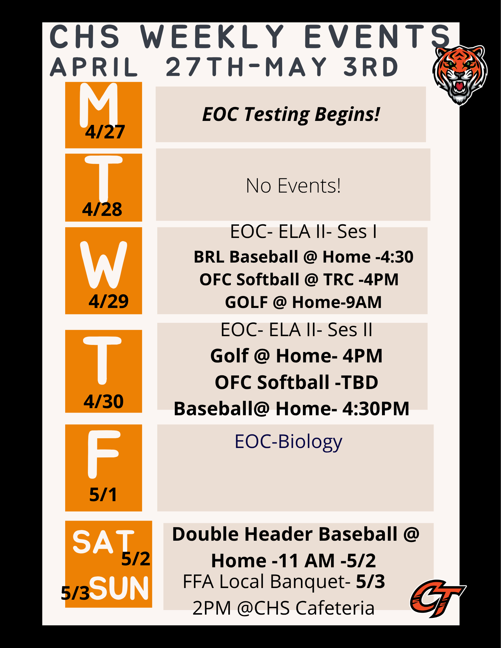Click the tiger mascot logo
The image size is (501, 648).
point(460,75)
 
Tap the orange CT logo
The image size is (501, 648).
point(438,598)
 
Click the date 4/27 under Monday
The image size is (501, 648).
point(105,132)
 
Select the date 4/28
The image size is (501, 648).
point(102,209)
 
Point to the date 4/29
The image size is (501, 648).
point(109,301)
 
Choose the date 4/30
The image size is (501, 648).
point(104,402)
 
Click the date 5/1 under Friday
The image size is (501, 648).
point(103,495)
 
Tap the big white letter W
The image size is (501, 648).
point(103,265)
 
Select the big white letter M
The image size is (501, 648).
point(99,104)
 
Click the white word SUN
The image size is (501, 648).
point(119,588)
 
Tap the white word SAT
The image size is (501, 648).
point(103,542)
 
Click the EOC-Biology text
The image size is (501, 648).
point(288,442)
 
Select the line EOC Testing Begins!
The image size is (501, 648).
point(291,115)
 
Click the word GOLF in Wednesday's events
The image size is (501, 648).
point(246,302)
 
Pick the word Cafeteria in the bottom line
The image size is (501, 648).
point(335,608)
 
